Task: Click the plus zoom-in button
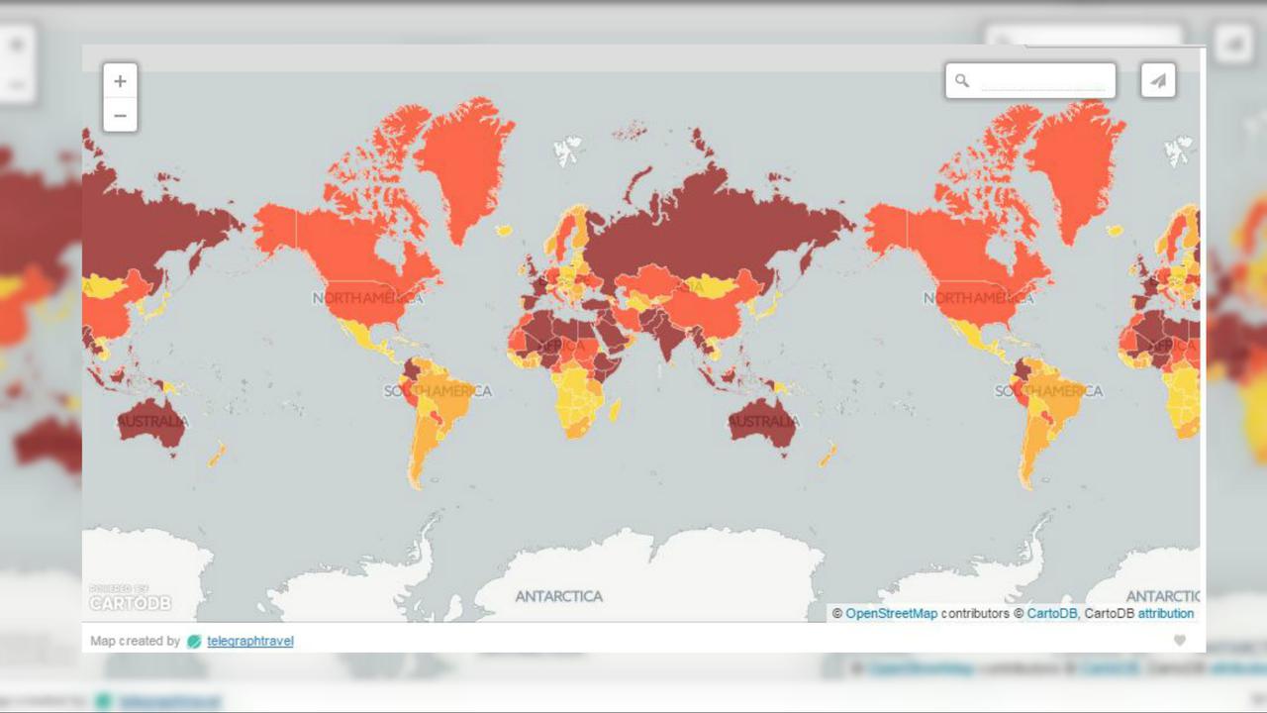(x=120, y=81)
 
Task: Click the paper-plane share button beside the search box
(x=1158, y=81)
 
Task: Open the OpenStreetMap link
(x=891, y=614)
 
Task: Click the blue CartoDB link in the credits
(x=1051, y=614)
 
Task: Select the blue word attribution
(x=1165, y=614)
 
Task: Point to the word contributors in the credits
(x=975, y=614)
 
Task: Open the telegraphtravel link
(x=250, y=642)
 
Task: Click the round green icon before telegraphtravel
(x=194, y=642)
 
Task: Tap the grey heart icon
(x=1179, y=641)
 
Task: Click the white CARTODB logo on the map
(x=130, y=602)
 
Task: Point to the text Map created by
(x=136, y=642)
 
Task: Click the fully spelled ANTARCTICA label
(x=558, y=596)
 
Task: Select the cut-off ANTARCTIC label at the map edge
(x=1162, y=596)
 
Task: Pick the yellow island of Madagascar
(x=615, y=409)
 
